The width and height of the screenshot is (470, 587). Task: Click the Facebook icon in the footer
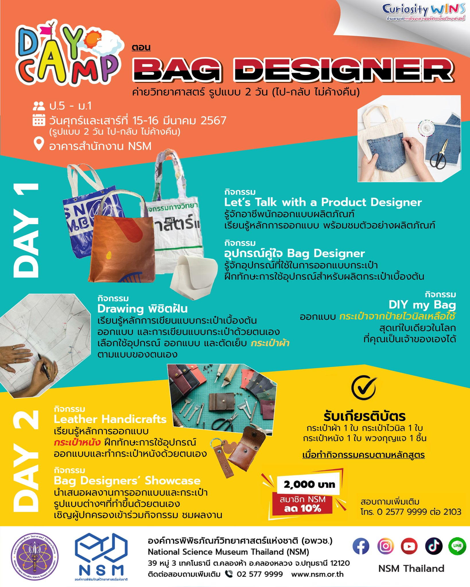(361, 546)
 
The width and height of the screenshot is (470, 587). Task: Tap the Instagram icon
(385, 546)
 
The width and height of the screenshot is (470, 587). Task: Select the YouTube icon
(409, 546)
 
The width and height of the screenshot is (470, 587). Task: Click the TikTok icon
(434, 546)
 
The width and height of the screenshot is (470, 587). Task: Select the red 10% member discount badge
(303, 504)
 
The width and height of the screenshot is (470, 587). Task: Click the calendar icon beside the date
(39, 120)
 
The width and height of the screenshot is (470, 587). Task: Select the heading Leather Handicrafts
(110, 419)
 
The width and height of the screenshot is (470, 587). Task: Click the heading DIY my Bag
(422, 305)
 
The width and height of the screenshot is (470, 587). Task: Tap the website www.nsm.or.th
(317, 574)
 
